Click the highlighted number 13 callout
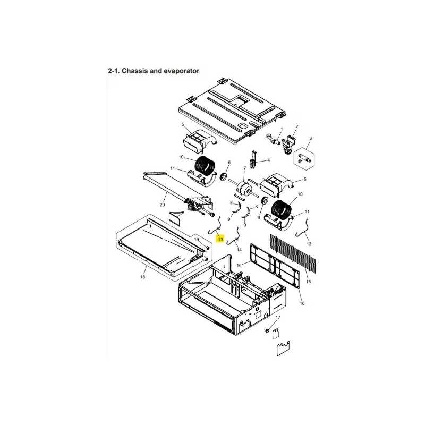[x=220, y=240]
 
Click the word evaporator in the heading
[x=181, y=71]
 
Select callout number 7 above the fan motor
[x=244, y=168]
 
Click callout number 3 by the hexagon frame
[x=311, y=138]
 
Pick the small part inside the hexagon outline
[x=304, y=158]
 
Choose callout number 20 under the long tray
[x=162, y=205]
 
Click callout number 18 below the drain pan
[x=142, y=277]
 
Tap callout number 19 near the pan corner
[x=197, y=240]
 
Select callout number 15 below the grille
[x=309, y=282]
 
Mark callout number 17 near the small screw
[x=278, y=317]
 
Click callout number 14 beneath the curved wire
[x=239, y=250]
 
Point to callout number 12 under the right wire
[x=309, y=244]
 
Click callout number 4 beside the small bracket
[x=269, y=160]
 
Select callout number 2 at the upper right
[x=297, y=126]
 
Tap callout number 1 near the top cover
[x=282, y=129]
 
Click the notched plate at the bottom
[x=283, y=348]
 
